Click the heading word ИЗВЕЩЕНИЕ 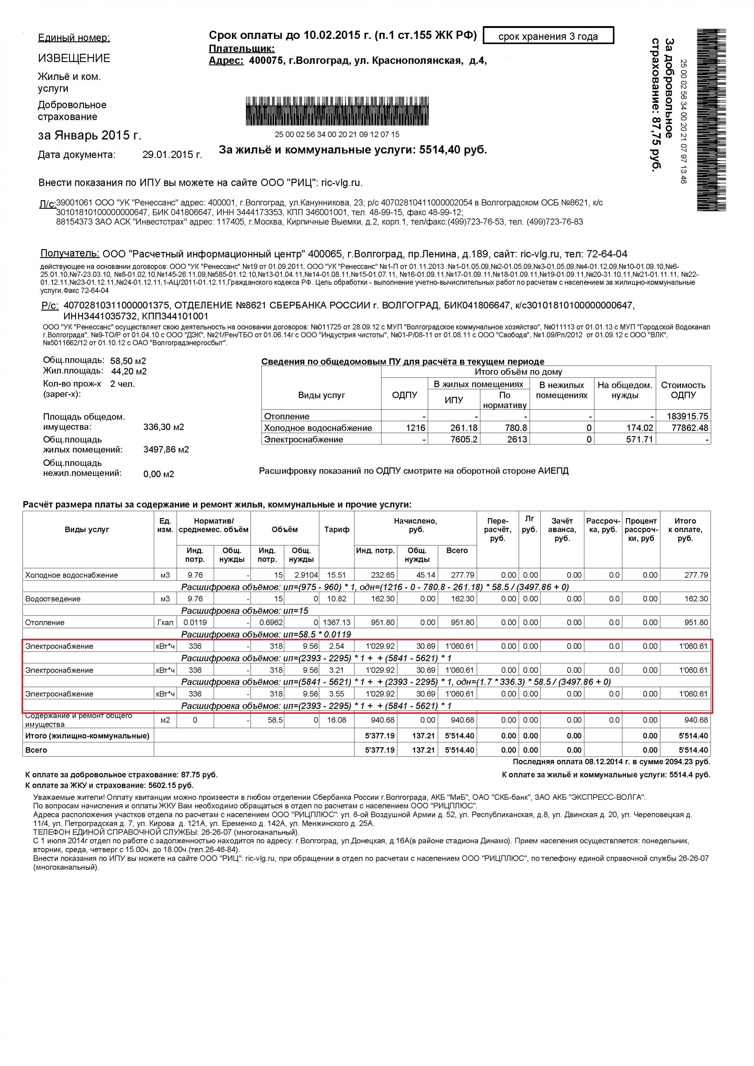(74, 58)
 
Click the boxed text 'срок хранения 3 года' (548, 36)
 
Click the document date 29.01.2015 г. (172, 155)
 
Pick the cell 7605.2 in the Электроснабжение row (464, 440)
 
